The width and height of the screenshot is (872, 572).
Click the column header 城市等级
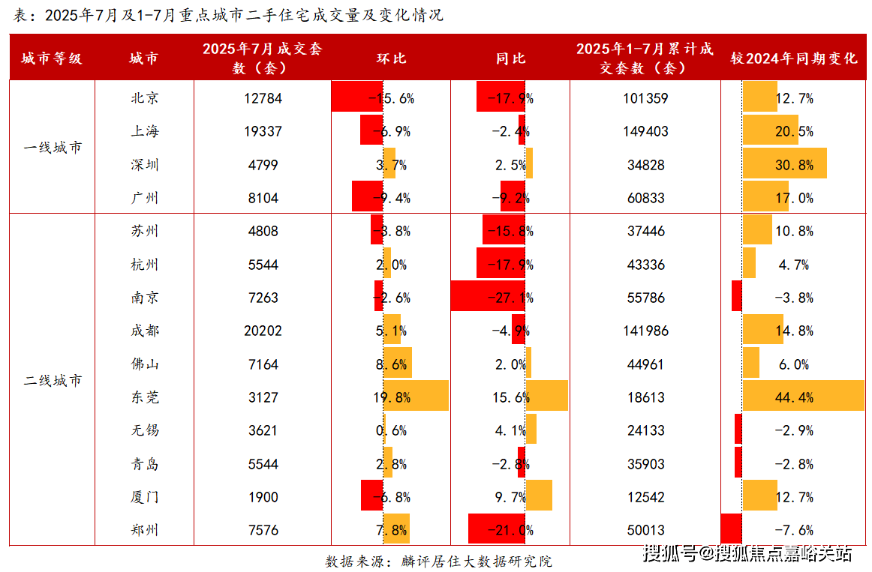point(52,58)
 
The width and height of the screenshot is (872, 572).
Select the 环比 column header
point(391,58)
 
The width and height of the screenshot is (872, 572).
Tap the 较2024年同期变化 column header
point(794,58)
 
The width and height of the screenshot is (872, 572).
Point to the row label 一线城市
point(53,147)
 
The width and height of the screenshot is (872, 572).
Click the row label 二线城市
point(53,380)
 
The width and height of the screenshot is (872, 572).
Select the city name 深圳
point(144,164)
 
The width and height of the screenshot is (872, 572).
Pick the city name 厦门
point(144,496)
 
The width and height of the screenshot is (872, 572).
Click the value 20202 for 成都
point(263,331)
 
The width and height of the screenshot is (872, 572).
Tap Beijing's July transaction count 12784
point(263,97)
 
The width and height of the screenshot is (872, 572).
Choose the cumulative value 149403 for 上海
point(645,131)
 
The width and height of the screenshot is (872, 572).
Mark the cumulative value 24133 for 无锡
point(645,430)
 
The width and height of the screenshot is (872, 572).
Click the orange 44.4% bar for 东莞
point(803,397)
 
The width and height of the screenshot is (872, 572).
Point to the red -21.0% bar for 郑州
point(495,529)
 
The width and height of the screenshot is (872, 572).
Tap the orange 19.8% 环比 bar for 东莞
point(416,397)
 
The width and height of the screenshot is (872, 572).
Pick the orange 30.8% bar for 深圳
point(784,164)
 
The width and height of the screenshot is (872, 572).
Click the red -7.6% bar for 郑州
point(731,529)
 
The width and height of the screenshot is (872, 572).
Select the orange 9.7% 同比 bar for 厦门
point(539,496)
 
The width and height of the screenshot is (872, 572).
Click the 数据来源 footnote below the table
point(438,561)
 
